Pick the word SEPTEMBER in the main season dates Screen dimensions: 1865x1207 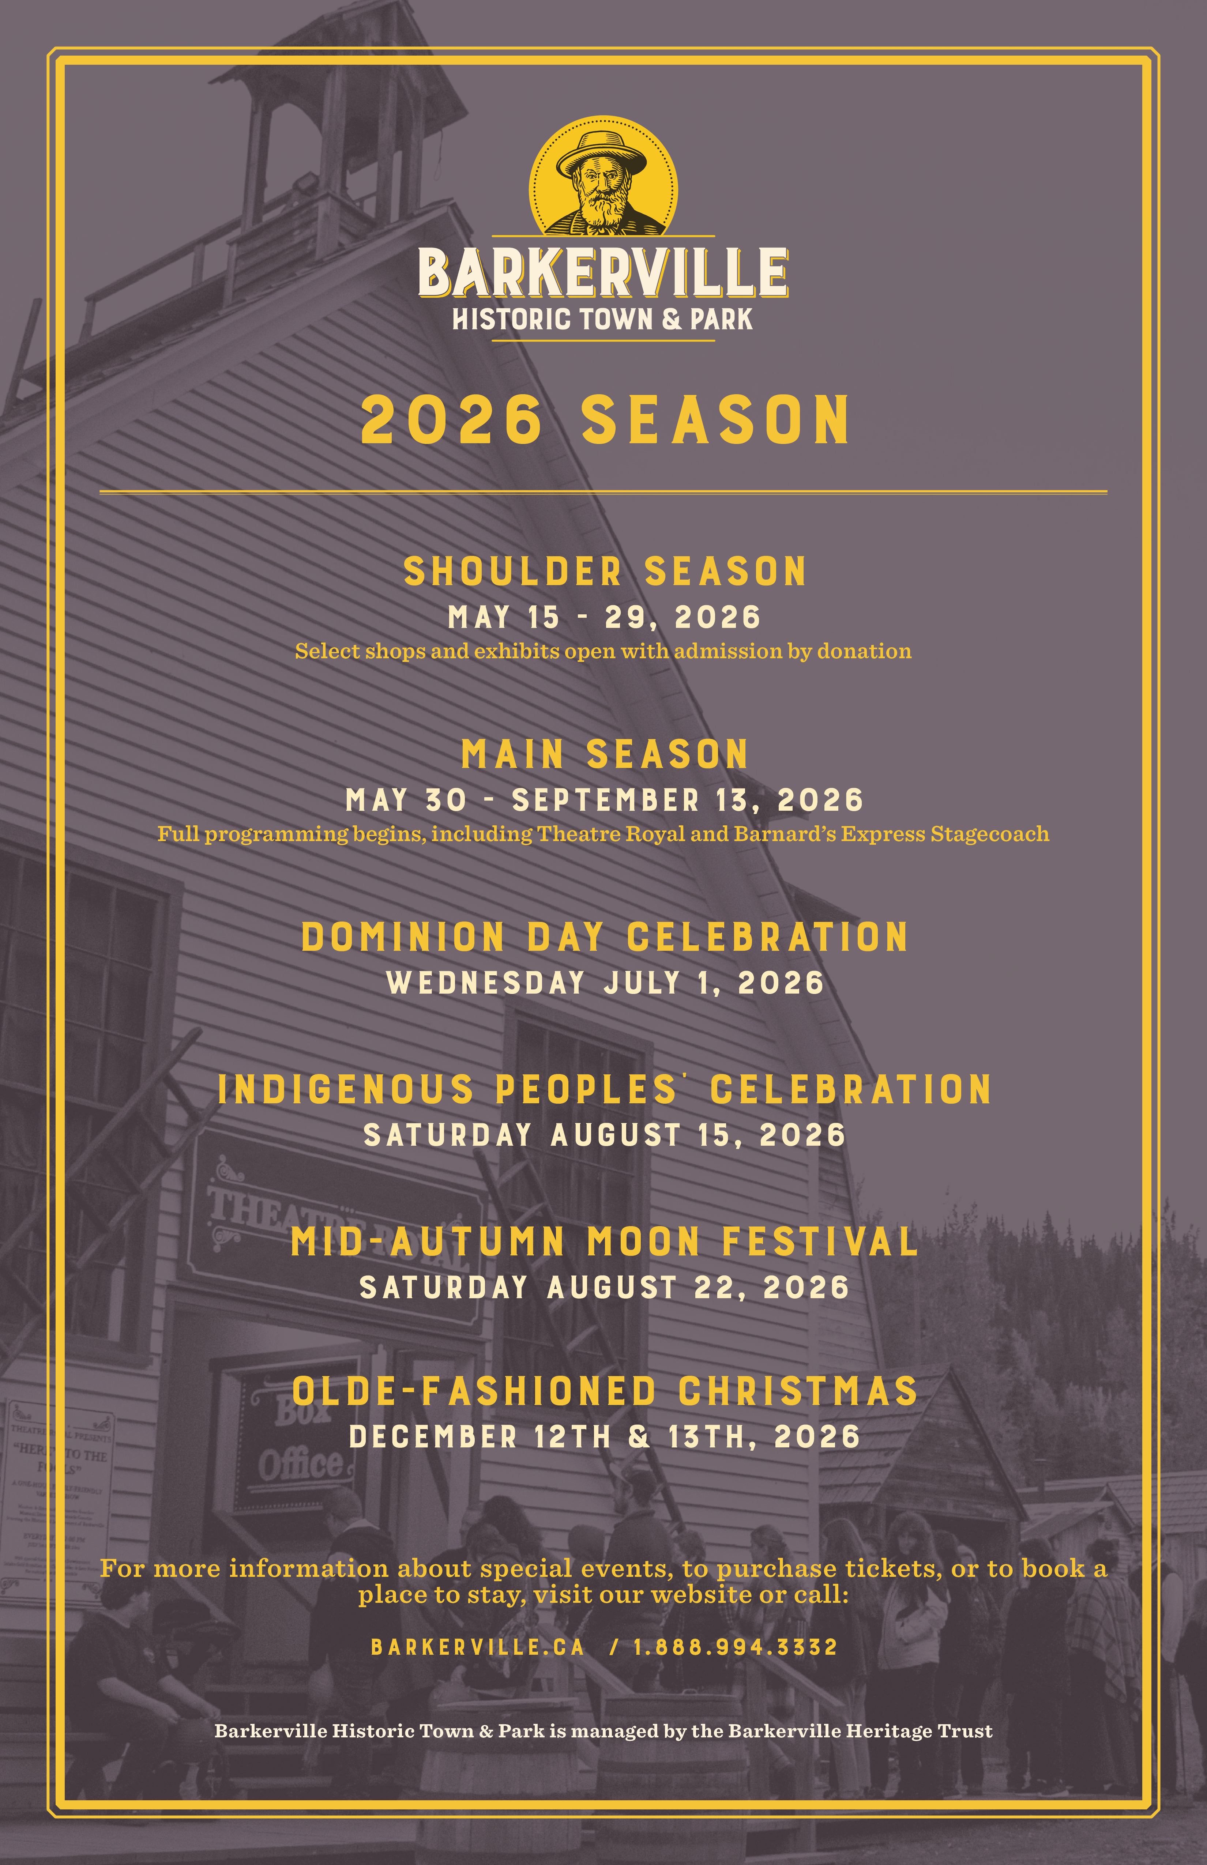(x=605, y=800)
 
